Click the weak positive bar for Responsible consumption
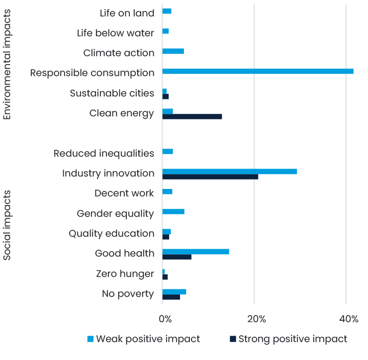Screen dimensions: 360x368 coord(258,71)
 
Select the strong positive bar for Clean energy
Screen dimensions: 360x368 coord(192,116)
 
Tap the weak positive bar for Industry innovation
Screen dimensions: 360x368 coord(230,172)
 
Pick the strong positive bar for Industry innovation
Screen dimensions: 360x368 coord(210,177)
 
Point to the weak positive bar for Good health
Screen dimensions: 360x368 coord(195,252)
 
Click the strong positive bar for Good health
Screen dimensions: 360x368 coord(177,257)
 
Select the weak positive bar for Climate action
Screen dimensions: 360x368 coord(173,51)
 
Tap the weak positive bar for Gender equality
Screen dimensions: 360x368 coord(173,211)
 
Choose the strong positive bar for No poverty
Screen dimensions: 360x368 coord(171,297)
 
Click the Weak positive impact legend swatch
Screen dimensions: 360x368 coord(91,339)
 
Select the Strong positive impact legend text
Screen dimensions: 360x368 coord(293,339)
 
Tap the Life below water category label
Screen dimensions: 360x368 coord(115,33)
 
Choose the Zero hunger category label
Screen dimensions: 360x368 coord(125,273)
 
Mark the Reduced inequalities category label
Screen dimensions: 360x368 coord(104,153)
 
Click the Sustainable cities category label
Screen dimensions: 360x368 coord(112,93)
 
